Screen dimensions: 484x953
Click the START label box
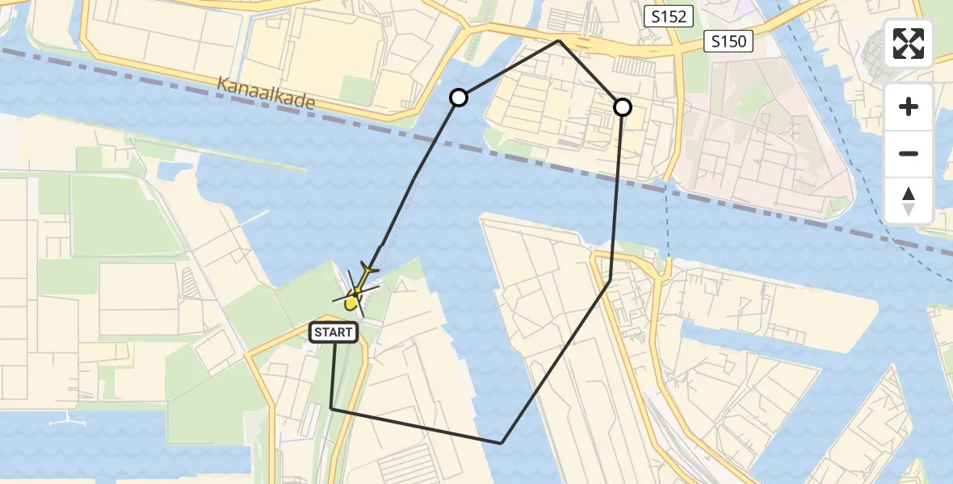point(334,332)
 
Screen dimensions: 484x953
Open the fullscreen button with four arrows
point(909,44)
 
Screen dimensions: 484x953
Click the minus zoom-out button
point(909,153)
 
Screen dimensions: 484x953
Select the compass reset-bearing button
point(909,201)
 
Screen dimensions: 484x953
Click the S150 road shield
point(728,41)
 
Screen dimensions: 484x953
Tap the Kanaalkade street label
point(266,94)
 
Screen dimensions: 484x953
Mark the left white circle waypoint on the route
point(459,98)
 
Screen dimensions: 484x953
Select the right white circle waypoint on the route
point(623,106)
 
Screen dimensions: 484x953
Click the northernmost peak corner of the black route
point(559,40)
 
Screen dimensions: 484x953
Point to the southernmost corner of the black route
point(502,443)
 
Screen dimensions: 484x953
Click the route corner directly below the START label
point(331,408)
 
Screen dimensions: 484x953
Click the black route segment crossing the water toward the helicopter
point(416,177)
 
